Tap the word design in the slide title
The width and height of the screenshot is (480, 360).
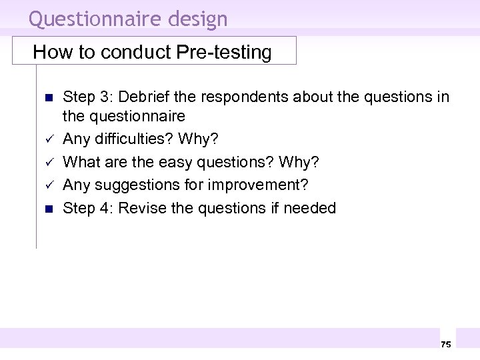click(x=197, y=19)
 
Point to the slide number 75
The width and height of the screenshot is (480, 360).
click(x=446, y=344)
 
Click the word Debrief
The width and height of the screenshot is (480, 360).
click(x=142, y=97)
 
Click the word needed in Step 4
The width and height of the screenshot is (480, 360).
click(x=310, y=208)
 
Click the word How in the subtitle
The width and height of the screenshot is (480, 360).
click(x=49, y=52)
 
